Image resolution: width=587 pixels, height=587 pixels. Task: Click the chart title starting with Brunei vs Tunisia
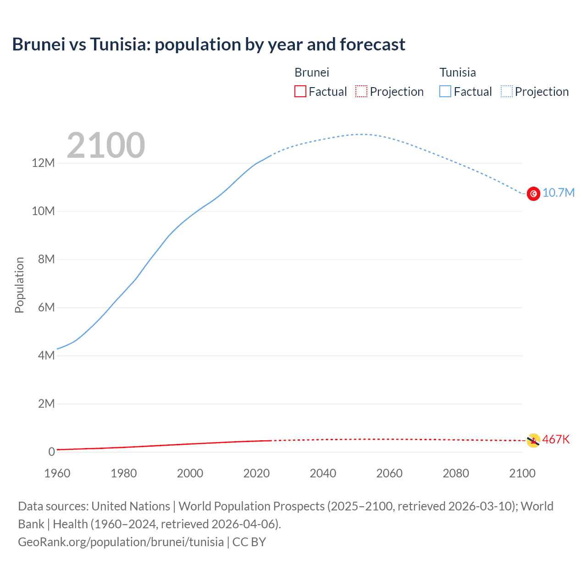click(209, 44)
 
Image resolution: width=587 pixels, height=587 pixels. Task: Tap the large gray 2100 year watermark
click(106, 145)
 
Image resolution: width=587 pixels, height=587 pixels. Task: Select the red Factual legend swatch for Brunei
click(300, 92)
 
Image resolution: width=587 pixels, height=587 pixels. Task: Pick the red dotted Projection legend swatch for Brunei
click(361, 92)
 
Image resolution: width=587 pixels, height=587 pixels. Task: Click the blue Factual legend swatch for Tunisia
click(445, 92)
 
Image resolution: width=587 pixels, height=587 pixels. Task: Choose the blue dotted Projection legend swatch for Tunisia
click(506, 92)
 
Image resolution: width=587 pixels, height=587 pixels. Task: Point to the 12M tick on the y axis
click(43, 163)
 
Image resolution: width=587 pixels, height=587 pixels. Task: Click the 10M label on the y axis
click(43, 211)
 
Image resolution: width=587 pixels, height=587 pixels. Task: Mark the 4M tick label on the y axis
click(46, 356)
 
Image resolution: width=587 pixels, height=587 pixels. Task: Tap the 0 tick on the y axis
click(51, 452)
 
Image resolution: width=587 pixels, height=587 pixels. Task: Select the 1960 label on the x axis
click(57, 473)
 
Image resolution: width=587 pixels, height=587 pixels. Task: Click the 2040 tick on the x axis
click(323, 473)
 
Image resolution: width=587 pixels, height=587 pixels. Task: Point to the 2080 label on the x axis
click(456, 473)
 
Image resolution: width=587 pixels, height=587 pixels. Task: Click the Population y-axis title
click(19, 285)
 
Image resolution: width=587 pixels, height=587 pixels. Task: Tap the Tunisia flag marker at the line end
click(533, 194)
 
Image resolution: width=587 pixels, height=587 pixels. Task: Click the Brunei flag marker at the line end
click(533, 441)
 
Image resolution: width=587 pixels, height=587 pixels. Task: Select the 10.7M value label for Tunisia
click(558, 193)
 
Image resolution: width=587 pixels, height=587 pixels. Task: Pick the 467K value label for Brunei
click(556, 440)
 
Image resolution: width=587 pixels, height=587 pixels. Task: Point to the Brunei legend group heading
click(312, 72)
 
